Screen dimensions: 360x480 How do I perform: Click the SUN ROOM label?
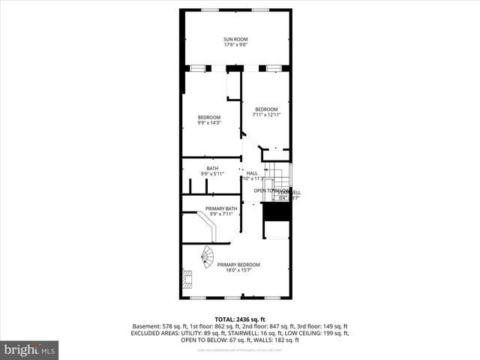[235, 39]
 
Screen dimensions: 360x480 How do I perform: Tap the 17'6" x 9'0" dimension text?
[235, 45]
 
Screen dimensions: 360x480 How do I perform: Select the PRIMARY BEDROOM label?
[238, 265]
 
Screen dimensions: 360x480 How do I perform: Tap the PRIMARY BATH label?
[221, 208]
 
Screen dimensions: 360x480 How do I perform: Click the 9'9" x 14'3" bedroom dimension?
[209, 123]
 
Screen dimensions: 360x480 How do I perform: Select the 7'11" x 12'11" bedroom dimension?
[265, 115]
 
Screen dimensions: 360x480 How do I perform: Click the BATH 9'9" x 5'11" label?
[212, 171]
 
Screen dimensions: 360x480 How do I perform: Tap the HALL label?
[251, 173]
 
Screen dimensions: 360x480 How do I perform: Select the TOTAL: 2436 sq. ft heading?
[239, 319]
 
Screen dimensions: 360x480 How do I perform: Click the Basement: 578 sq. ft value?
[156, 326]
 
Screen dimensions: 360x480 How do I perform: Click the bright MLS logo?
[29, 349]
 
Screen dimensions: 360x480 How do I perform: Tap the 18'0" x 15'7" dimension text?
[238, 271]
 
